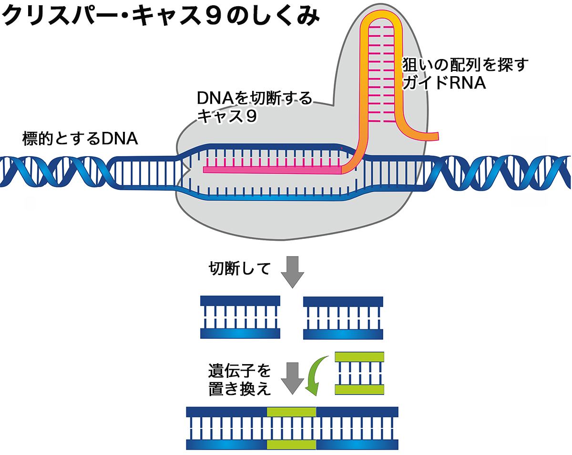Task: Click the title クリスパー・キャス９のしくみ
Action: click(x=160, y=17)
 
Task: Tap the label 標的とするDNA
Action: click(x=80, y=139)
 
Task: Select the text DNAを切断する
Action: click(x=255, y=99)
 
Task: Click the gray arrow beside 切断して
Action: click(x=292, y=272)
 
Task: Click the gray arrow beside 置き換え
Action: click(x=292, y=378)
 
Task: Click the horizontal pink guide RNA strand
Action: click(x=272, y=169)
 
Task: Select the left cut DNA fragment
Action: click(x=240, y=317)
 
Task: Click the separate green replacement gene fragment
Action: click(x=359, y=373)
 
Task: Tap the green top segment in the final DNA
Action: click(x=292, y=412)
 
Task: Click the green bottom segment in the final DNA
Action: click(x=292, y=445)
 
